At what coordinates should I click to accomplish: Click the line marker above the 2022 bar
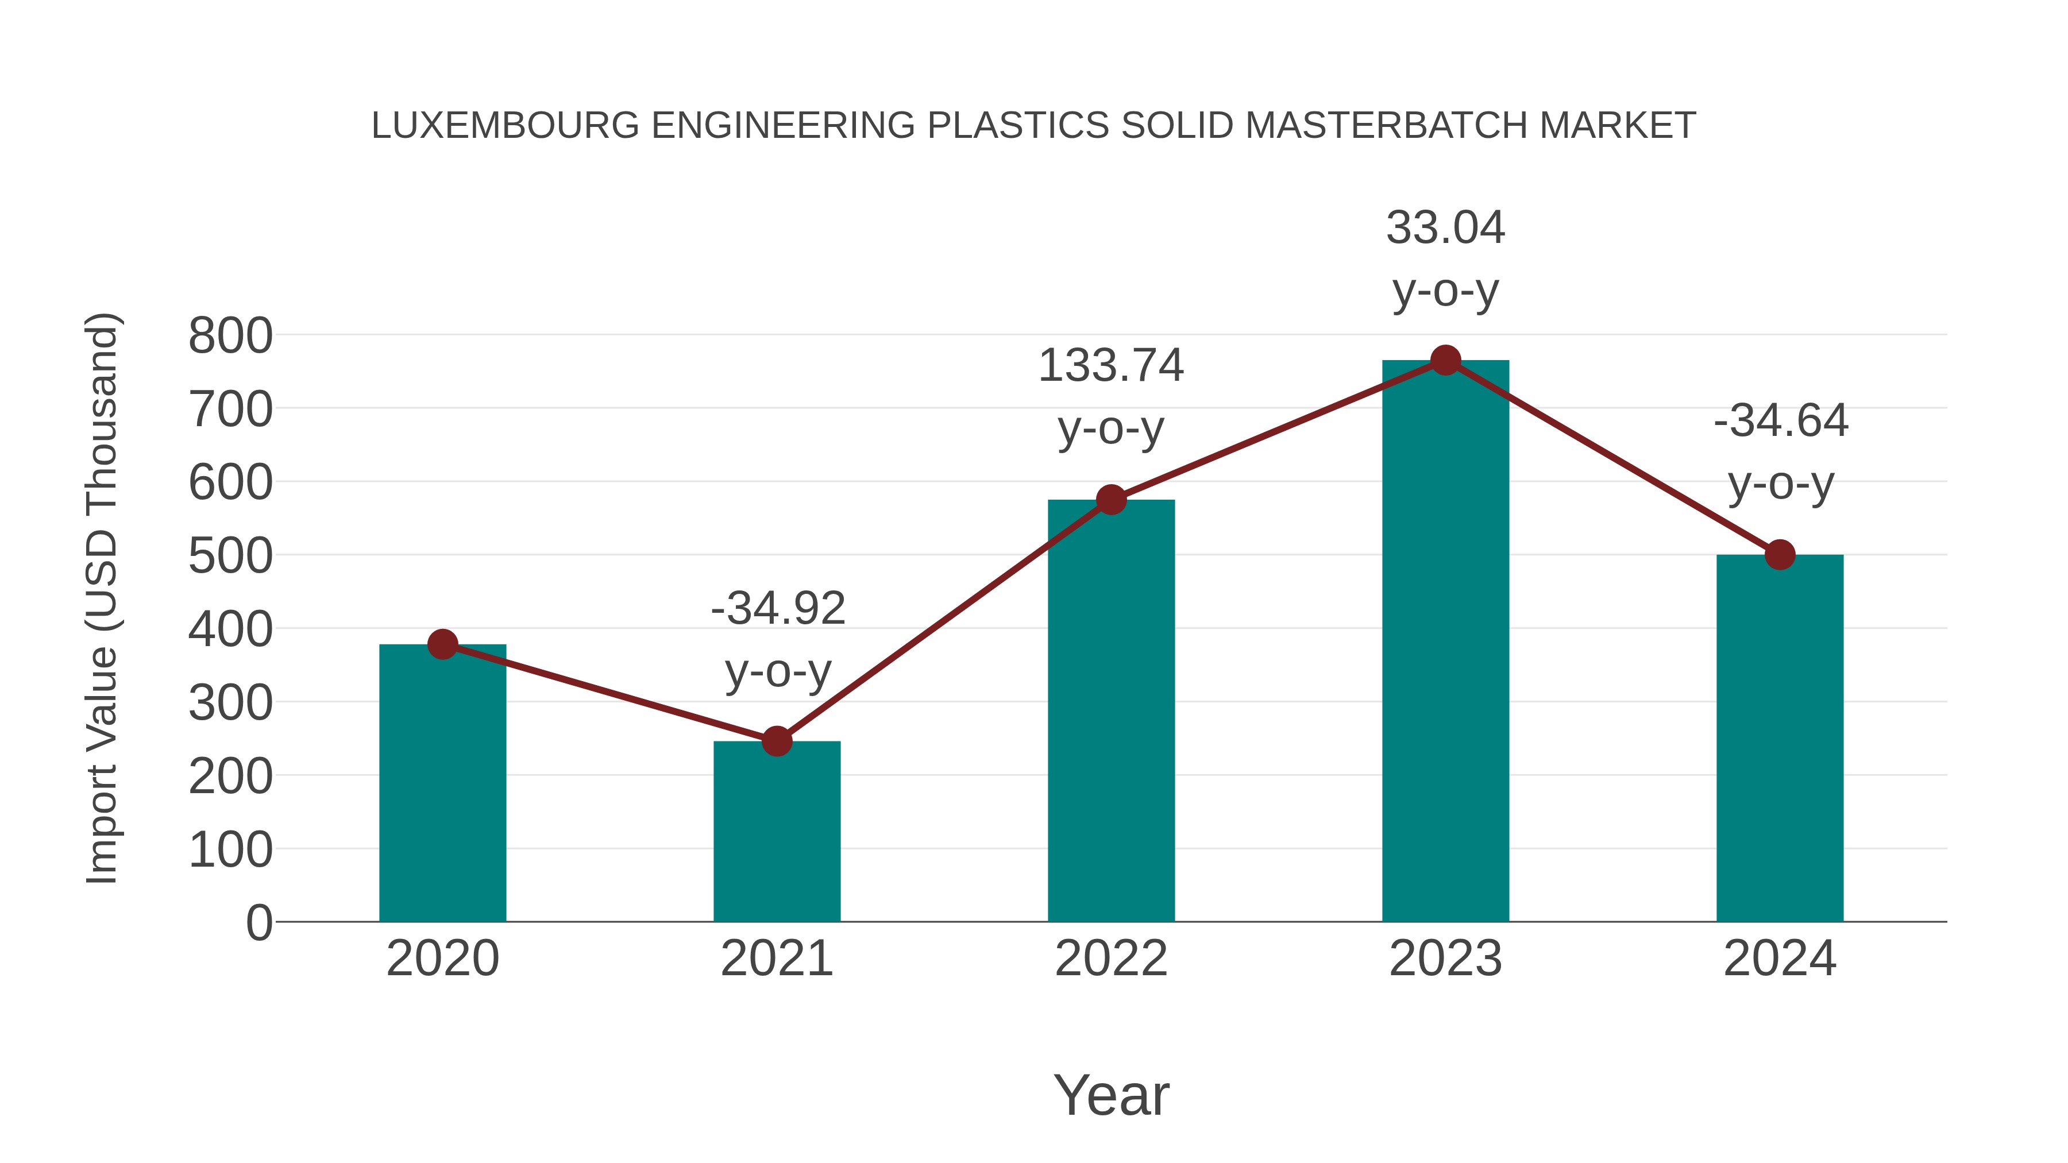pyautogui.click(x=1111, y=500)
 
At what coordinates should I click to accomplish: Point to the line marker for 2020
pyautogui.click(x=442, y=644)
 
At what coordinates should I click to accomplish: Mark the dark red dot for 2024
pyautogui.click(x=1779, y=555)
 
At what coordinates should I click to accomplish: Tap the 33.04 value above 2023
pyautogui.click(x=1445, y=228)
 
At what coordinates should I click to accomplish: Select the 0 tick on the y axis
pyautogui.click(x=258, y=922)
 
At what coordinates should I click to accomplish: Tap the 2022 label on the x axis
pyautogui.click(x=1111, y=959)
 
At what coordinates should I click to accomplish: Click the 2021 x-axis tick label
pyautogui.click(x=776, y=959)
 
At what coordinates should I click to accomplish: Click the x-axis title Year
pyautogui.click(x=1111, y=1095)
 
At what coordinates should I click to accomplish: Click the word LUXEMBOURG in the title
pyautogui.click(x=505, y=126)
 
